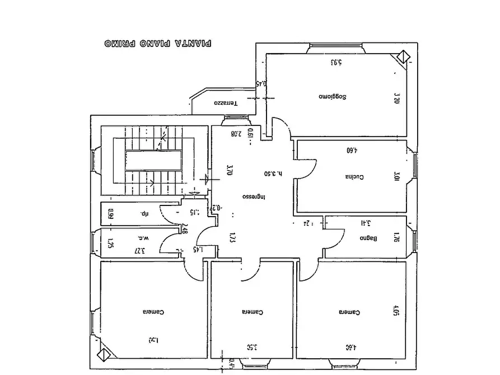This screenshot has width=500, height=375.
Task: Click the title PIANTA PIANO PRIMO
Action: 159,43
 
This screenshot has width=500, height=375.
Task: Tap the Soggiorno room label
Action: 333,97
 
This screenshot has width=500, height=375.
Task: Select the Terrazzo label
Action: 226,104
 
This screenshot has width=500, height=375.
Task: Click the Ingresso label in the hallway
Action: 254,197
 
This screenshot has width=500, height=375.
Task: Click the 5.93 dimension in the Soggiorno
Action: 336,62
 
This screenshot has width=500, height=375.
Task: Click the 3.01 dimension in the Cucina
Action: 396,176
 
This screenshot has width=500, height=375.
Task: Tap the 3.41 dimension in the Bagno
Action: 365,223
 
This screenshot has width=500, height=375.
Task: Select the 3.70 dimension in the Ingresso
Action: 229,170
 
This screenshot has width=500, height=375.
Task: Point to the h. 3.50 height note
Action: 272,174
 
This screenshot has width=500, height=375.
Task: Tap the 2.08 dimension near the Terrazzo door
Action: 236,134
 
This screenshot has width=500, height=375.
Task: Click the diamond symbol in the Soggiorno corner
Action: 403,58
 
